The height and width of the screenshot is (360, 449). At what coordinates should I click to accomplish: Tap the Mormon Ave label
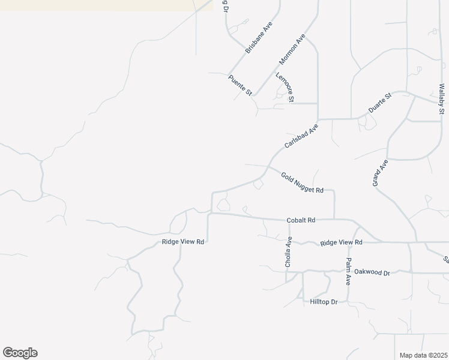click(292, 50)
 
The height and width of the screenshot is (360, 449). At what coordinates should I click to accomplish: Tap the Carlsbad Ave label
click(301, 136)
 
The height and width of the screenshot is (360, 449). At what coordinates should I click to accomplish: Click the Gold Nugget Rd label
click(302, 182)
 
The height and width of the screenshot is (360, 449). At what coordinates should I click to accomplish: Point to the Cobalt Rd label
click(301, 220)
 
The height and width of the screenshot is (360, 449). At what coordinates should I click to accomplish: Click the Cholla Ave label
click(288, 251)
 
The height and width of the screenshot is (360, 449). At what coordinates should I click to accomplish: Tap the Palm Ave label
click(348, 271)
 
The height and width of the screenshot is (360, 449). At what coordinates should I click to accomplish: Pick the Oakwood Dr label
click(372, 272)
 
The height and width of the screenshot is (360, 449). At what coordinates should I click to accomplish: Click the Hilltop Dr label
click(324, 301)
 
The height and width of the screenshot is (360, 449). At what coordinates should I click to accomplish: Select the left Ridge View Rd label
click(183, 242)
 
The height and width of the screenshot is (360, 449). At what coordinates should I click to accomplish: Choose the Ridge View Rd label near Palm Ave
click(342, 242)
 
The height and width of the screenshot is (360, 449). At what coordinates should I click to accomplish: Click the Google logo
click(20, 352)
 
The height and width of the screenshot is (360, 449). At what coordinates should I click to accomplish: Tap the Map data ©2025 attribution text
click(423, 355)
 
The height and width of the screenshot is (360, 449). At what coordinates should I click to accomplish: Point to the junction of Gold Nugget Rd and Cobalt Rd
click(334, 220)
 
